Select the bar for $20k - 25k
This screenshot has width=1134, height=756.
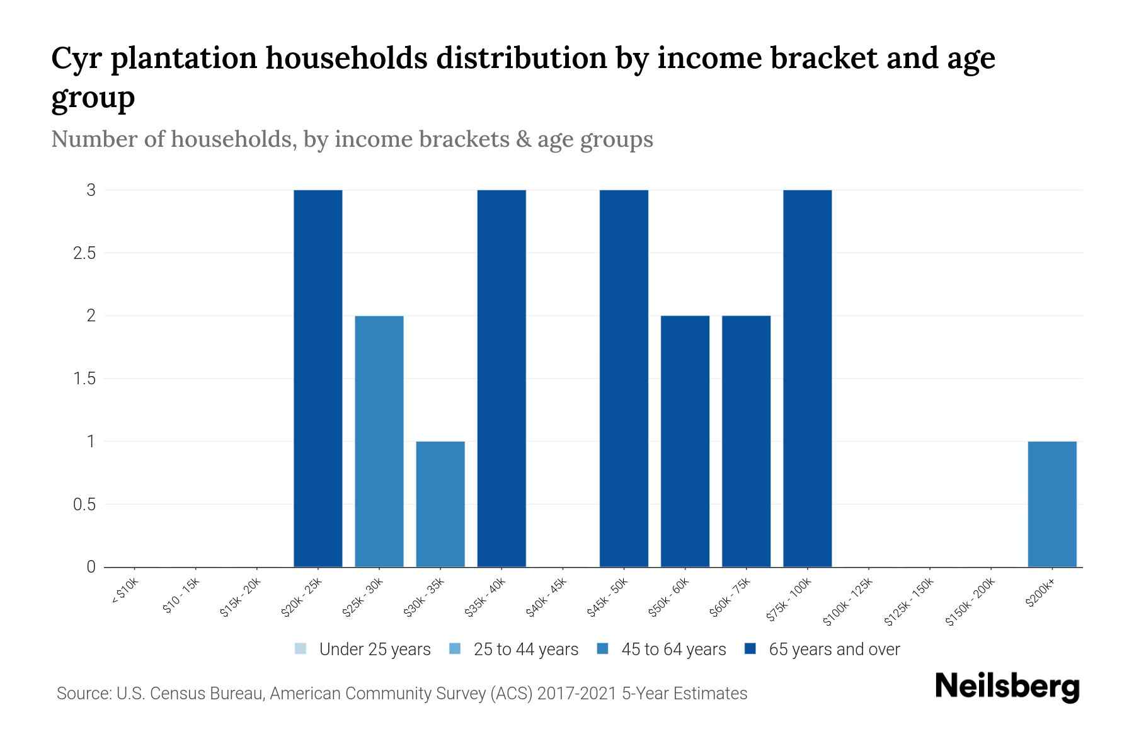click(x=318, y=378)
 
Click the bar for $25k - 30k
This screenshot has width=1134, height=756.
click(x=379, y=441)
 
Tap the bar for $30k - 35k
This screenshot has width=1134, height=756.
click(x=440, y=504)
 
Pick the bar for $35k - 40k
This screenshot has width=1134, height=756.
click(x=501, y=378)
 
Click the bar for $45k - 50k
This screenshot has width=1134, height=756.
click(x=624, y=378)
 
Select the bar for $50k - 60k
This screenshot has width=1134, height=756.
click(x=685, y=441)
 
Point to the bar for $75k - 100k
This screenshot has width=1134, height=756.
click(x=807, y=378)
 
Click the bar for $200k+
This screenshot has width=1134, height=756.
click(x=1052, y=504)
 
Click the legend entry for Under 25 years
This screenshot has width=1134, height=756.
click(x=363, y=649)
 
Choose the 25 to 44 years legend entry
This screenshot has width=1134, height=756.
click(x=513, y=649)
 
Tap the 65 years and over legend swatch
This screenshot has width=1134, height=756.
click(x=750, y=648)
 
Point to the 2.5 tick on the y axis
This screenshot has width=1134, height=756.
click(x=84, y=253)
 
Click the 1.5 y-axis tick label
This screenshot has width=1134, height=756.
click(x=84, y=379)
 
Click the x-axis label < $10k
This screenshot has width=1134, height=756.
click(x=125, y=591)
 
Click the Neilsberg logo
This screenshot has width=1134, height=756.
click(x=1007, y=687)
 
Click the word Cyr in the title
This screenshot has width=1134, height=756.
click(x=77, y=59)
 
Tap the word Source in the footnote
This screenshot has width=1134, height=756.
click(x=83, y=694)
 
